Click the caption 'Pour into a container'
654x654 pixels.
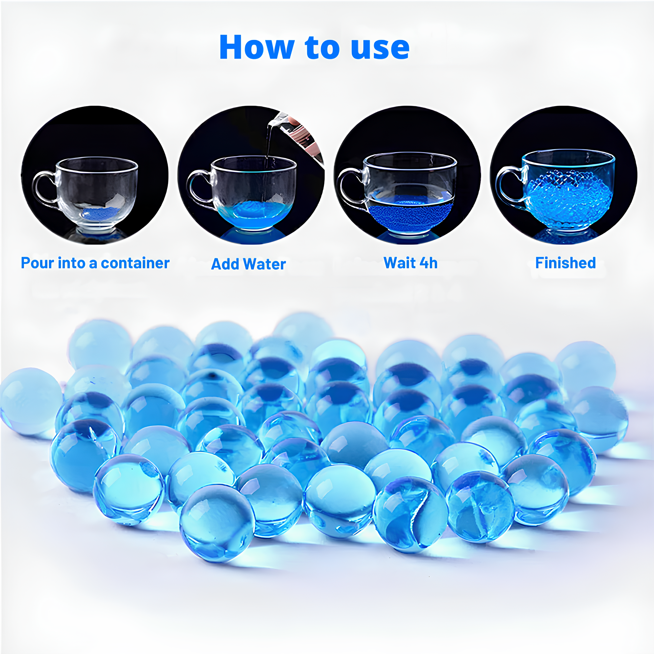tap(95, 263)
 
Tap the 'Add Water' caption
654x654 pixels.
tap(249, 264)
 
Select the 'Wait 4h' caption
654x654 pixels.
tap(410, 263)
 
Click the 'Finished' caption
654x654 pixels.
tap(565, 263)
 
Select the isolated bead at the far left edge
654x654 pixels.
tap(31, 401)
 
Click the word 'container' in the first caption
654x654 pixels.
tap(135, 263)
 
